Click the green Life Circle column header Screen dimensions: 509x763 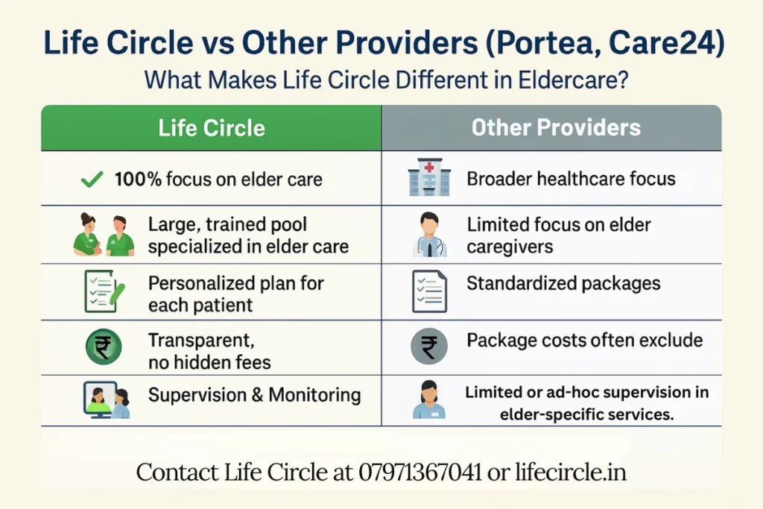click(x=212, y=127)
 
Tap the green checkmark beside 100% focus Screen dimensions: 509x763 click(x=92, y=179)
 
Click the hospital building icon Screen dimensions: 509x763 click(x=429, y=179)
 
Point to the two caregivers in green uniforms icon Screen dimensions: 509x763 click(x=104, y=235)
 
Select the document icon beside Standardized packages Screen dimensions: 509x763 click(x=429, y=291)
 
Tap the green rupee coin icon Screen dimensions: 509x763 click(x=103, y=347)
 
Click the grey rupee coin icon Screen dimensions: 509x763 click(x=429, y=347)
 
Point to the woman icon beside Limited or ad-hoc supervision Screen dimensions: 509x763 click(x=429, y=400)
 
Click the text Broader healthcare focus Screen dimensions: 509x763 click(x=571, y=179)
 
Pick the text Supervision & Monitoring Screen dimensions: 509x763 click(x=254, y=394)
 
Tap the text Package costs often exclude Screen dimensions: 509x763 click(x=584, y=341)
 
